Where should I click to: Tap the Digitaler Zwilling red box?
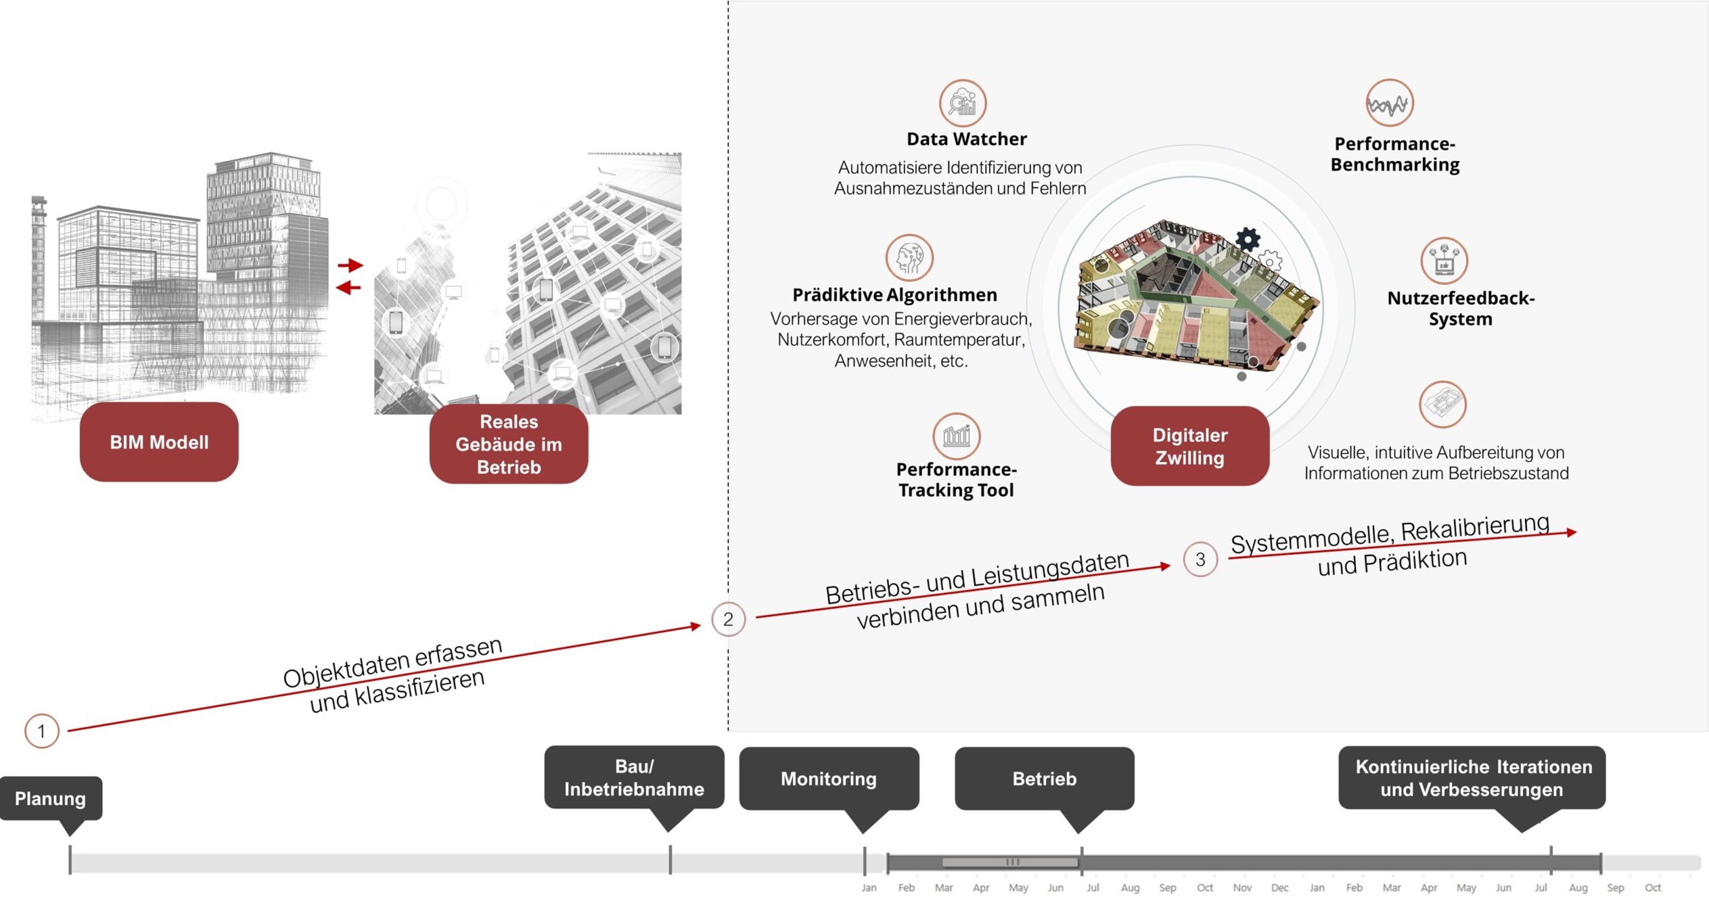coord(1190,446)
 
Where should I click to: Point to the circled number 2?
coord(728,619)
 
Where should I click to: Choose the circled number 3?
coord(1200,559)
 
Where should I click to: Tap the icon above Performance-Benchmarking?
coord(1389,103)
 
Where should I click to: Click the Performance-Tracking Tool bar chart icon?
coord(956,435)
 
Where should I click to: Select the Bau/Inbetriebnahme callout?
coord(634,777)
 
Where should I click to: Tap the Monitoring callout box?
coord(829,778)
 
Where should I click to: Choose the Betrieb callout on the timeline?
coord(1044,778)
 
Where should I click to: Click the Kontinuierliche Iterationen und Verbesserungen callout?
coord(1471,778)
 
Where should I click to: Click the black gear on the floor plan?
coord(1247,239)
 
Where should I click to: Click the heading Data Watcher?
coord(967,139)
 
